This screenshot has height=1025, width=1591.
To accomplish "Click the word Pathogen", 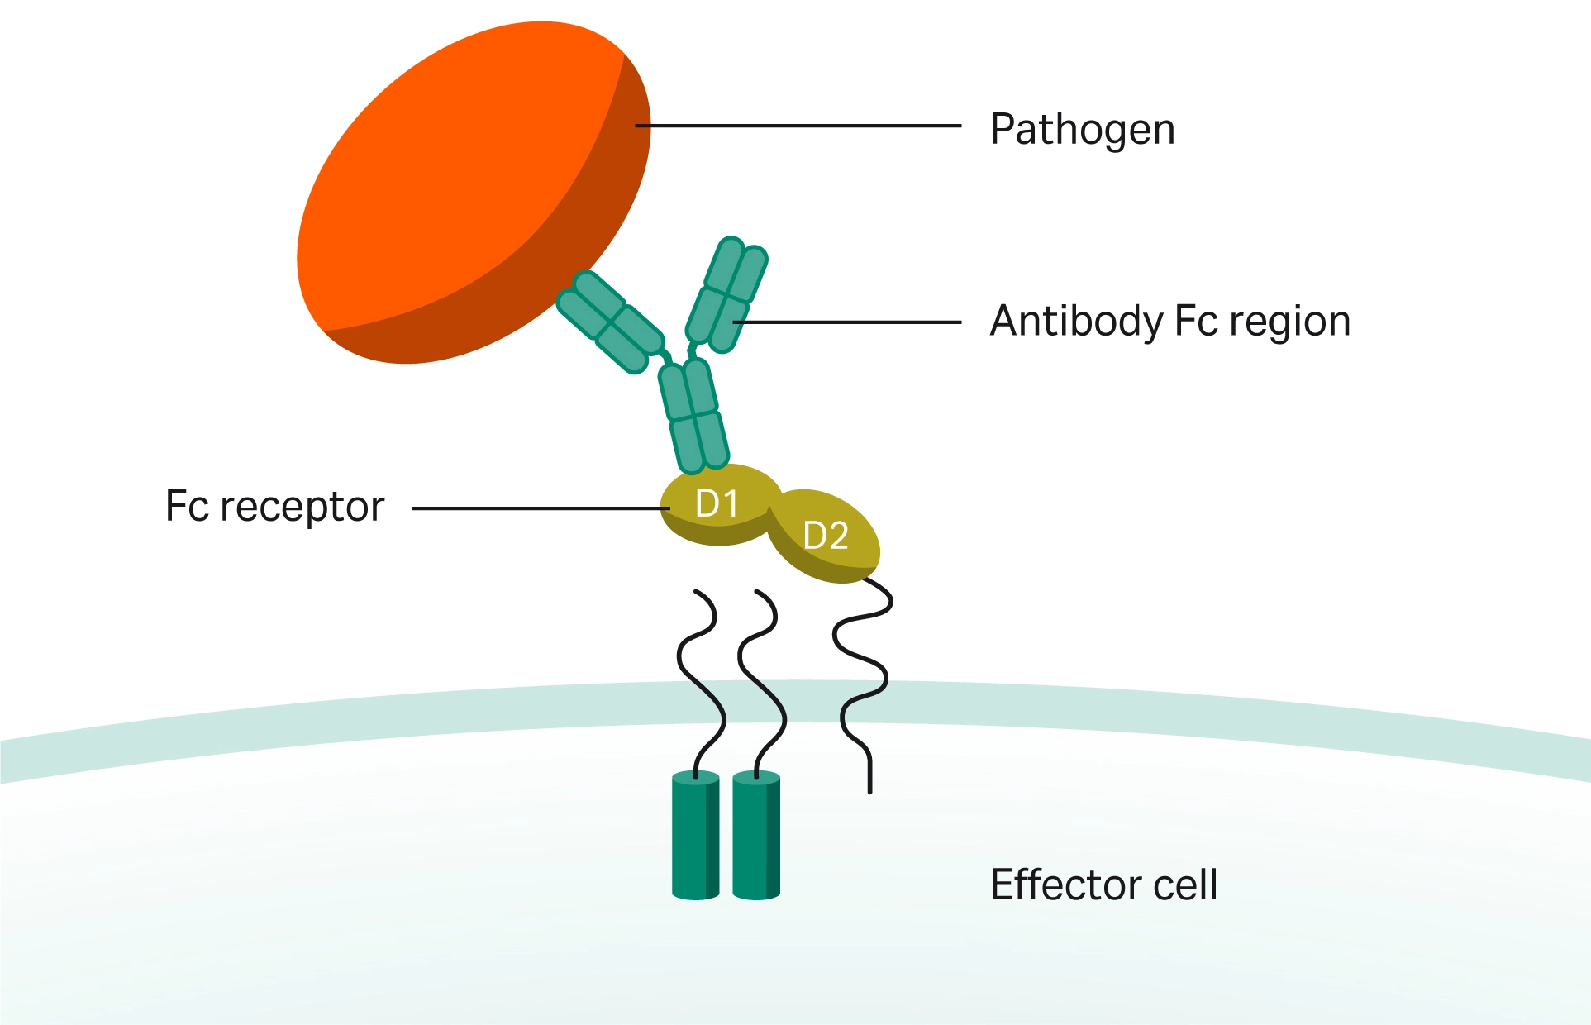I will [1082, 130].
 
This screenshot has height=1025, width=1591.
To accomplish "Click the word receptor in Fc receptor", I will [302, 507].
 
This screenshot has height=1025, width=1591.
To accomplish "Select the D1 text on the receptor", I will [717, 503].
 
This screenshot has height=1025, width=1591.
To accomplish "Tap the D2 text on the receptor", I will [826, 536].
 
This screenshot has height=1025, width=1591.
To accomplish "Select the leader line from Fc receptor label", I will [537, 508].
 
